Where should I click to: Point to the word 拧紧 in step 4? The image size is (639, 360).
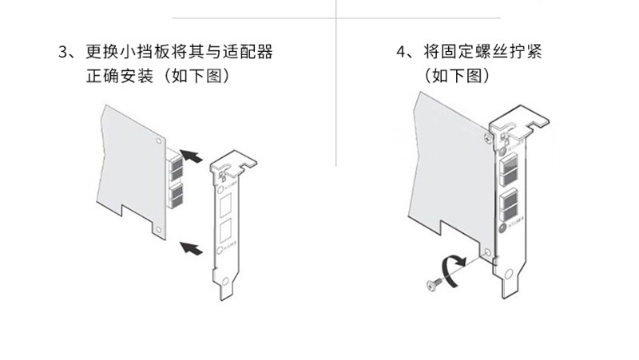536,53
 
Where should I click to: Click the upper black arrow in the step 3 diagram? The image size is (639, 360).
190,155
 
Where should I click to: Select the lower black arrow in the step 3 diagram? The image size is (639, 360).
189,247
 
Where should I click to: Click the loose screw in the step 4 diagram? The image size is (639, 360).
432,283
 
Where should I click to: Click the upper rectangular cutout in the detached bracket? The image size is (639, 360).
225,205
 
